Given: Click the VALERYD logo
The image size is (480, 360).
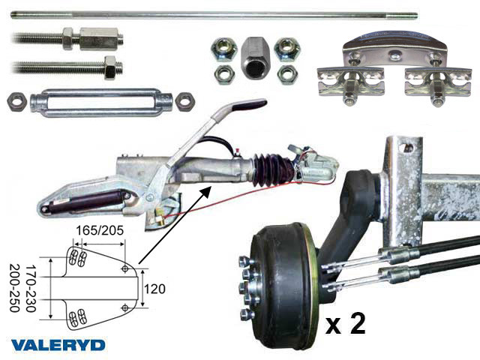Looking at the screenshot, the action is (x=58, y=346).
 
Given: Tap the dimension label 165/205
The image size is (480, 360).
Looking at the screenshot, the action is (x=100, y=230).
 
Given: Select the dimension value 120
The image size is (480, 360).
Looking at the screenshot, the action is (x=154, y=289).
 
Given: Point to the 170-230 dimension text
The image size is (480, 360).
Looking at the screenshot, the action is (x=31, y=288).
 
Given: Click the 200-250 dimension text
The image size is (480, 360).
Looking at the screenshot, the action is (x=14, y=288).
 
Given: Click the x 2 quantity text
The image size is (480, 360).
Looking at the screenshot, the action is (x=345, y=325).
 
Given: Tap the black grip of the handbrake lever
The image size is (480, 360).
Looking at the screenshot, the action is (x=250, y=105).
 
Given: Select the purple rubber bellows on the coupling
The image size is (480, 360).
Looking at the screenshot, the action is (x=271, y=169).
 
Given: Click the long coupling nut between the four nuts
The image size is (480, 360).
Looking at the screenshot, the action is (x=253, y=58).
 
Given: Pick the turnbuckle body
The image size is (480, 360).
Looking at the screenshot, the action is (x=102, y=103).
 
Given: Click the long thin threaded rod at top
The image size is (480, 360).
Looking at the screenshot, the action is (x=214, y=15).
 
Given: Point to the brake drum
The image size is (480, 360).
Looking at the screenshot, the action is (x=283, y=286).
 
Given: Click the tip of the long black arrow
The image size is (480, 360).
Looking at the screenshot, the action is (x=211, y=187).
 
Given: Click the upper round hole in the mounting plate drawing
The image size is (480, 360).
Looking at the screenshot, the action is (x=125, y=268).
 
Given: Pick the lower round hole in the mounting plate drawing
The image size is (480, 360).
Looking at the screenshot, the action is (x=125, y=307).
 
